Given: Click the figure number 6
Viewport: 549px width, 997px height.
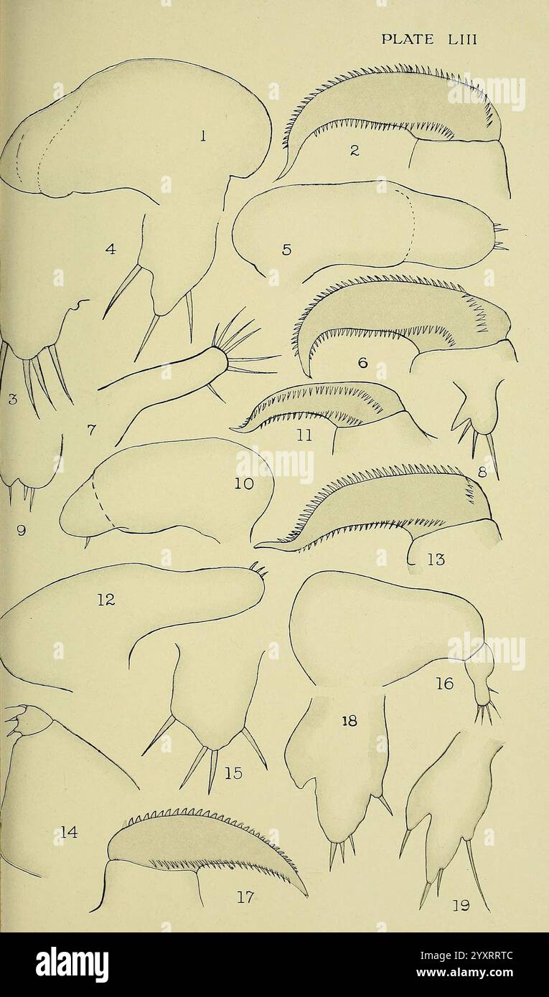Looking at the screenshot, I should [362, 363].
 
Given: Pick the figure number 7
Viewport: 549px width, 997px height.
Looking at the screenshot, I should [91, 430].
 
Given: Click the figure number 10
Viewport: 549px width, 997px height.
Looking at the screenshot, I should [244, 484].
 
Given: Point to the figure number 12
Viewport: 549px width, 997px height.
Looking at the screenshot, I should [105, 600].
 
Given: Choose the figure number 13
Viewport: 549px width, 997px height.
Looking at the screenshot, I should [435, 560].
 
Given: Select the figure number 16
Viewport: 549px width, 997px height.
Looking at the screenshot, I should [444, 684].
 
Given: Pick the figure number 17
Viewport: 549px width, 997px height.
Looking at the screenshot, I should [245, 897].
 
